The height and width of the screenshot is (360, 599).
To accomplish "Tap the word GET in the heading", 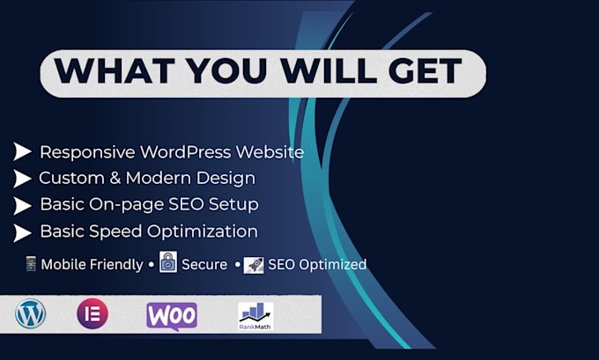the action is [425, 70].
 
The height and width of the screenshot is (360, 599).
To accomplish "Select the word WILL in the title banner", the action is [329, 70].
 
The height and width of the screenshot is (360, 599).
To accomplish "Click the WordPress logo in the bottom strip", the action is [31, 314].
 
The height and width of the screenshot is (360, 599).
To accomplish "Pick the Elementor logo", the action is [92, 314].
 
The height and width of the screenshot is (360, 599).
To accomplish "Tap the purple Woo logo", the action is [172, 316].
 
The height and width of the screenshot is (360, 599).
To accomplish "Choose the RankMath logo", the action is [255, 316].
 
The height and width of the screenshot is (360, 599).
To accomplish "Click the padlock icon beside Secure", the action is [168, 262].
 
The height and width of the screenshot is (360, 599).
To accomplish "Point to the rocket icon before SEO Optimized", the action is [254, 265].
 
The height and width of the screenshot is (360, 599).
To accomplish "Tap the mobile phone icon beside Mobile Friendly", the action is [31, 264].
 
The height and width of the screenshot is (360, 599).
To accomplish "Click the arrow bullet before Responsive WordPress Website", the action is [22, 151].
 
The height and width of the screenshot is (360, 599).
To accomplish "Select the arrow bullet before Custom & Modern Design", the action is [22, 179].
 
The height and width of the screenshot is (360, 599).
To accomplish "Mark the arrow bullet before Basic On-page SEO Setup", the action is [22, 206].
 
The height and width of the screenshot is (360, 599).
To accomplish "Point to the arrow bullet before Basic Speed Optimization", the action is [22, 233].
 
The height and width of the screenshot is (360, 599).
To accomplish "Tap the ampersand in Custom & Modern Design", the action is [115, 179].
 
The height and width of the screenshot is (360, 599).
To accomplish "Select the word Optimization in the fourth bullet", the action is [203, 232].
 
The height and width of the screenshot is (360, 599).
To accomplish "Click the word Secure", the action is [204, 264].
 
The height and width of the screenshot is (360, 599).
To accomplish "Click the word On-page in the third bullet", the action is [127, 205].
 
